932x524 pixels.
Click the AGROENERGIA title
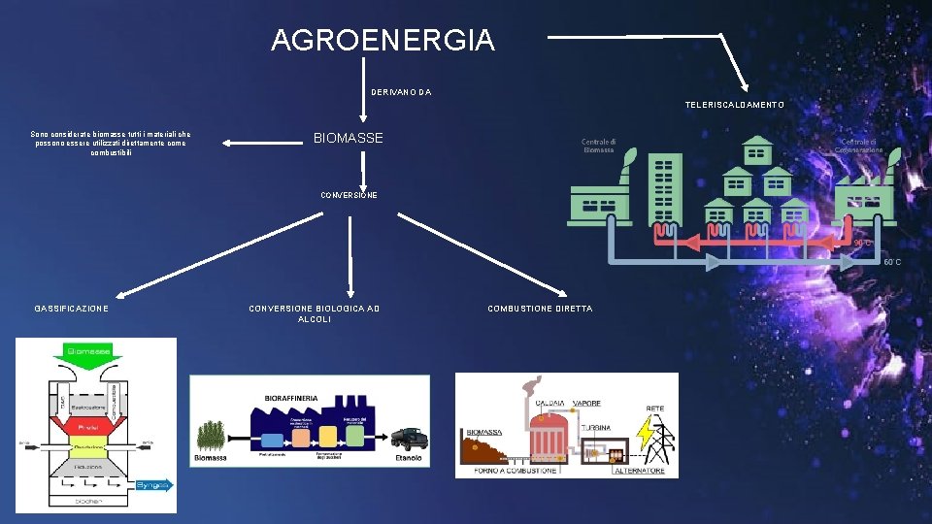tap(383, 41)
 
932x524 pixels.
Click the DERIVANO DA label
tap(401, 92)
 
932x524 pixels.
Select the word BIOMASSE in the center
tap(348, 139)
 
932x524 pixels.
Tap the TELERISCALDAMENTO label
tap(734, 104)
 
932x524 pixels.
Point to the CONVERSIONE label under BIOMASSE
tap(349, 195)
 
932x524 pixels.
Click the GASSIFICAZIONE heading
tap(72, 309)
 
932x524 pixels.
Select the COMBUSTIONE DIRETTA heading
tap(540, 309)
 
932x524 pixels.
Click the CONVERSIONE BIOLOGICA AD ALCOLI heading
tap(315, 313)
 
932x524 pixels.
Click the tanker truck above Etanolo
tap(409, 438)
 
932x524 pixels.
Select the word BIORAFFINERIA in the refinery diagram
tap(291, 399)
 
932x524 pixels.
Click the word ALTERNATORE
tap(640, 471)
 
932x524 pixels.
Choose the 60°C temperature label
tap(891, 262)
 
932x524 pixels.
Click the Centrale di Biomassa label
tap(598, 145)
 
